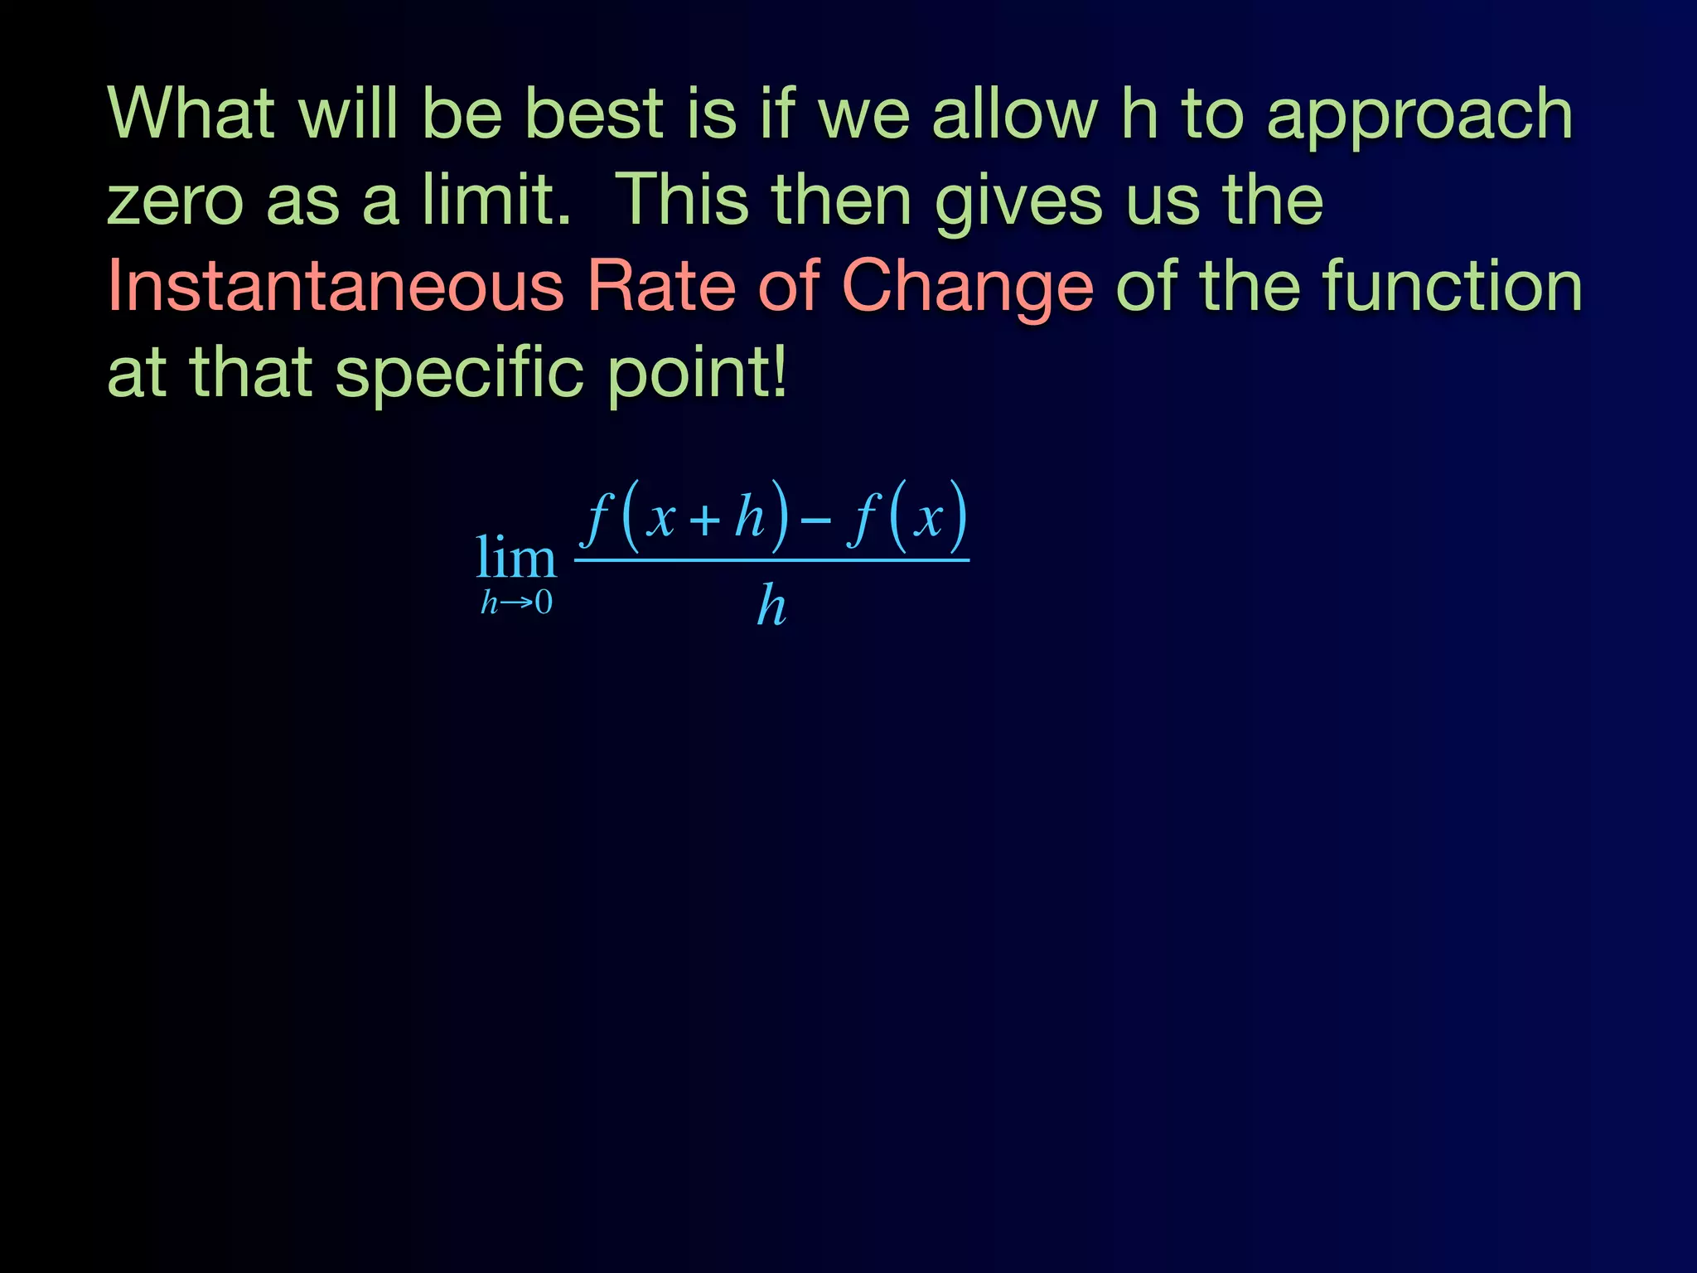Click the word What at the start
191,114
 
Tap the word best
595,114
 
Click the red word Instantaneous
336,286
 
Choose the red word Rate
661,286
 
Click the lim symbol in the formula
515,558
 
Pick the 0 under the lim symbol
544,603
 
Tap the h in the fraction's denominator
771,606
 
